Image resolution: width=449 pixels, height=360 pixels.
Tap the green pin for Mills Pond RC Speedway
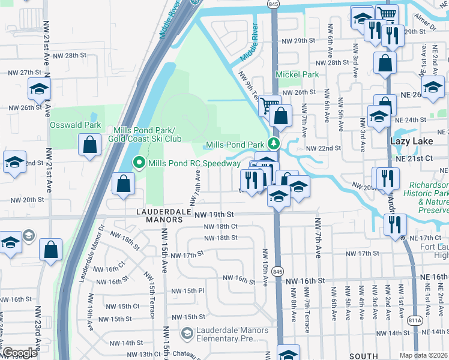coord(139,163)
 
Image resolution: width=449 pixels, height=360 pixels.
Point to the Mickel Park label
coord(297,75)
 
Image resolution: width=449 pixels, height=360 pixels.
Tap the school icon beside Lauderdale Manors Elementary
coord(188,332)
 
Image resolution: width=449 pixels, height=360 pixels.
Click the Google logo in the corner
coord(20,353)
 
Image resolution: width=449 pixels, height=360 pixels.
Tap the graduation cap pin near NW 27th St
coord(39,89)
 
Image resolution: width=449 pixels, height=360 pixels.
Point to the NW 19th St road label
coord(213,214)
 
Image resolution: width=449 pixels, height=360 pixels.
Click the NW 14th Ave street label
coord(196,185)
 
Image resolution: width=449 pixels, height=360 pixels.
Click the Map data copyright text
coord(424,355)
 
